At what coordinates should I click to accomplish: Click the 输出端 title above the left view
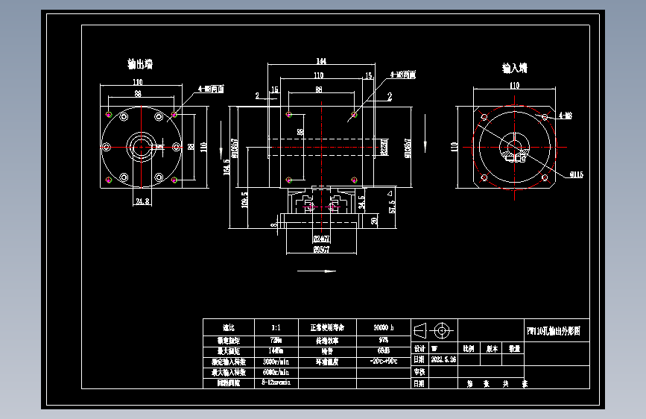pyautogui.click(x=140, y=64)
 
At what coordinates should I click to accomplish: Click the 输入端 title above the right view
pyautogui.click(x=514, y=68)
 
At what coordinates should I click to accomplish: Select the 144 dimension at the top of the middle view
pyautogui.click(x=322, y=61)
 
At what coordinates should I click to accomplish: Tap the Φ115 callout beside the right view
pyautogui.click(x=575, y=174)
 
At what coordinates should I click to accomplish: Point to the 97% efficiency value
pyautogui.click(x=383, y=339)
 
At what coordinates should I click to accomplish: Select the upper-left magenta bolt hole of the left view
pyautogui.click(x=110, y=114)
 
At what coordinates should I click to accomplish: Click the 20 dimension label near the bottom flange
pyautogui.click(x=373, y=221)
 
